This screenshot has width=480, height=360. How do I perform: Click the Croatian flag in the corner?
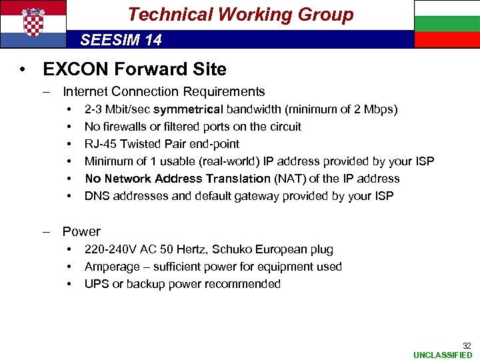click(33, 24)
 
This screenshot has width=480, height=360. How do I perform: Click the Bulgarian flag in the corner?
click(447, 24)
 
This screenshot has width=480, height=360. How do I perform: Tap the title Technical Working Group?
click(240, 15)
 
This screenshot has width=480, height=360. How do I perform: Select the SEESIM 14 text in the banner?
click(121, 40)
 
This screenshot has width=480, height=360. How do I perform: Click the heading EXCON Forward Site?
click(134, 69)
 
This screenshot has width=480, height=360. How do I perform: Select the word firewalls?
click(125, 127)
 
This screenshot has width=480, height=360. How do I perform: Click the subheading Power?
click(81, 232)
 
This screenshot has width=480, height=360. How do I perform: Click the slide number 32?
click(467, 345)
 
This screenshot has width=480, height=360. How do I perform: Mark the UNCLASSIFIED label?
click(443, 355)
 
